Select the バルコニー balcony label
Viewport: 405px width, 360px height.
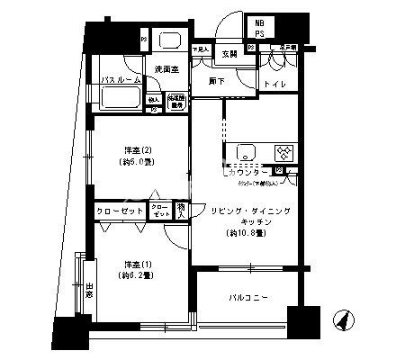click(243, 298)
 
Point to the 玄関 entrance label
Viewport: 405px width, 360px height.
click(229, 54)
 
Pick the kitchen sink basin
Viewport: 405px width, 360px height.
click(242, 153)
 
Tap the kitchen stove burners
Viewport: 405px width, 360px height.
click(282, 153)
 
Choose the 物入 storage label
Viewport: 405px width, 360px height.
click(182, 211)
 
